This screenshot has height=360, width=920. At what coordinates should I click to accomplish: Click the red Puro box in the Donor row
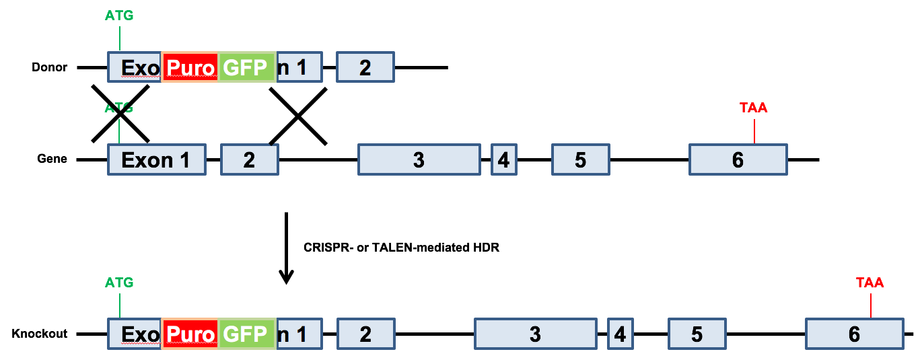pos(190,67)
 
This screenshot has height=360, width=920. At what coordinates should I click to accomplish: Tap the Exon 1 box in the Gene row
pos(156,160)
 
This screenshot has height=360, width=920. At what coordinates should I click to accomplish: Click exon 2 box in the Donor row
pos(365,67)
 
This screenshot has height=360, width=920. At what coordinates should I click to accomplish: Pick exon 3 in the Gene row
pos(419,160)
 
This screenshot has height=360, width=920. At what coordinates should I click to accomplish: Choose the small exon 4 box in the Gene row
pos(503,160)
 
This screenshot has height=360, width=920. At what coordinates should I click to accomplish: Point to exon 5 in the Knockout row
pos(697,334)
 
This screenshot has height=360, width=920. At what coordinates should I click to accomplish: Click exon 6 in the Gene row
pos(738,160)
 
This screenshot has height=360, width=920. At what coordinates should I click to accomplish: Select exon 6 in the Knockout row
pos(854,334)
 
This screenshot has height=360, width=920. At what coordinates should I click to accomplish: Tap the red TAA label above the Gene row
pos(753,108)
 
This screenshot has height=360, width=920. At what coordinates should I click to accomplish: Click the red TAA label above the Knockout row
pos(870,283)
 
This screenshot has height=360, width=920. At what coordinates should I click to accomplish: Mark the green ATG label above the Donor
pos(119,15)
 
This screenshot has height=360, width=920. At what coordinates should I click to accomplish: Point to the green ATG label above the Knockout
pos(119,283)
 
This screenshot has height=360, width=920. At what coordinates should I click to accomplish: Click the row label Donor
pos(50,67)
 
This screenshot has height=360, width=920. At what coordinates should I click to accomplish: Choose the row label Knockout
pos(40,334)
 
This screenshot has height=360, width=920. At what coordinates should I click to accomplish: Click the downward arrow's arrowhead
pos(287,277)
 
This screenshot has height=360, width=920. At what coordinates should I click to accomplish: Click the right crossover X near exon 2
pos(298,116)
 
